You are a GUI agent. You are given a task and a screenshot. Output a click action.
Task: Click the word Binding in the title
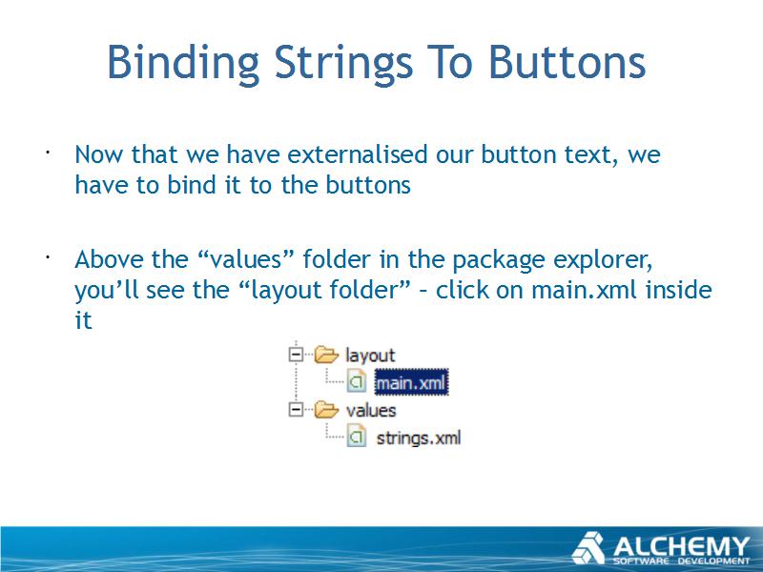(x=183, y=63)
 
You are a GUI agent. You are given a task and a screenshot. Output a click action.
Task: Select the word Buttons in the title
(x=567, y=62)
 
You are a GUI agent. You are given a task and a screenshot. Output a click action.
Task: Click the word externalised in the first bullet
(x=357, y=154)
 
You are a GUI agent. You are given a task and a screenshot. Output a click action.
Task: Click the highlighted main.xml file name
(x=411, y=383)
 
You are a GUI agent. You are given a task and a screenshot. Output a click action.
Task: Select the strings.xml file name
(x=419, y=438)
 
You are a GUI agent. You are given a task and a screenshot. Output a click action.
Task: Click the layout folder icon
(x=326, y=355)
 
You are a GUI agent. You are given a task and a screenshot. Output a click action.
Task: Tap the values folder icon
(x=326, y=410)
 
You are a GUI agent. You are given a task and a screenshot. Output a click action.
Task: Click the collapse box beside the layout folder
(x=296, y=354)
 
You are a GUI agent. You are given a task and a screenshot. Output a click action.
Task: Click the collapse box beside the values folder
(x=296, y=409)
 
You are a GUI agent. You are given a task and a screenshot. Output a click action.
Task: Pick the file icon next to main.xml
(x=357, y=382)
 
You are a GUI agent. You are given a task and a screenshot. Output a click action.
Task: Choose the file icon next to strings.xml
(x=357, y=437)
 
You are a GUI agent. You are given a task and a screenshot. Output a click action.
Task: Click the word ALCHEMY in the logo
(x=681, y=546)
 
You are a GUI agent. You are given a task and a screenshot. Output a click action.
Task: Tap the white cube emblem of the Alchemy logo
(x=588, y=548)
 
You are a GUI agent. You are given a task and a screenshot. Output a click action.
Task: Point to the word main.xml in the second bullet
(x=584, y=290)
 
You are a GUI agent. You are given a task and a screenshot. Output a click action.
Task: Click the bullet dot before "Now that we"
(x=48, y=153)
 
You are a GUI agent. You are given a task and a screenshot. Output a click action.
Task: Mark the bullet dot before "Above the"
(x=48, y=257)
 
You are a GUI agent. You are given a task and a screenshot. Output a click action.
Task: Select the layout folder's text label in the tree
(x=370, y=355)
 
